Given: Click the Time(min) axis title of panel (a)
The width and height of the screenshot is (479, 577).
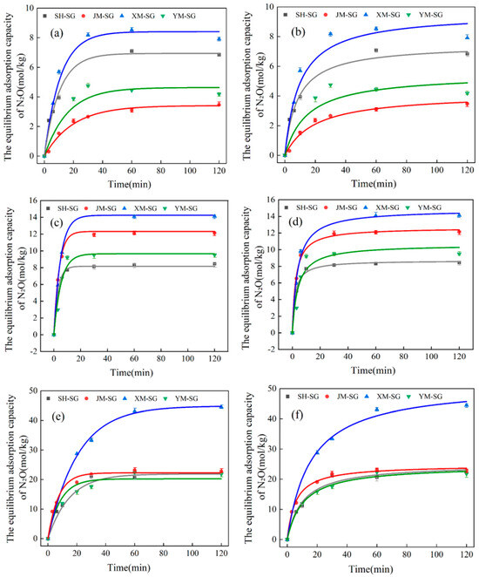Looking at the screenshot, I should tap(132, 184).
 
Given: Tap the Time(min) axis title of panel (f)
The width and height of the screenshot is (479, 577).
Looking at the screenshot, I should tap(375, 566).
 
